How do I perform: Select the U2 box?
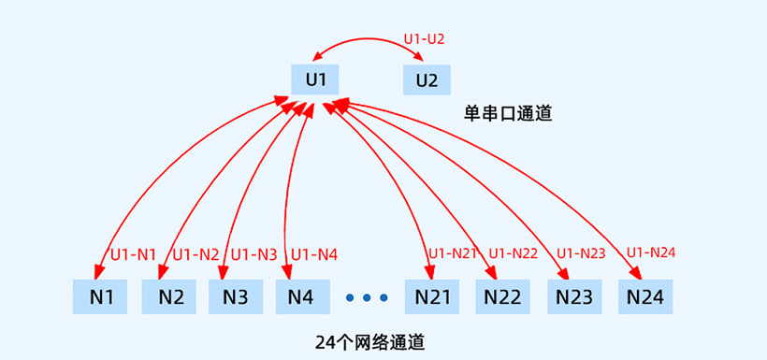[x=427, y=79]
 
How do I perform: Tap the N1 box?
[x=101, y=297]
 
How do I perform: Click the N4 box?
[x=302, y=297]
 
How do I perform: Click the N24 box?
[x=645, y=297]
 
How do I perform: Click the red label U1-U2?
[x=424, y=38]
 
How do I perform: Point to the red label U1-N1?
[x=134, y=253]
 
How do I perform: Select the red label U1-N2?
[x=195, y=253]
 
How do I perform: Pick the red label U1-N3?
[x=254, y=253]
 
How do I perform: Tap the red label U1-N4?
[x=314, y=253]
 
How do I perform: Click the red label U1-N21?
[x=454, y=252]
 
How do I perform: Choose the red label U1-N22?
[x=514, y=252]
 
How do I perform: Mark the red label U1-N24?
[x=651, y=252]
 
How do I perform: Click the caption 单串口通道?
[x=508, y=114]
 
